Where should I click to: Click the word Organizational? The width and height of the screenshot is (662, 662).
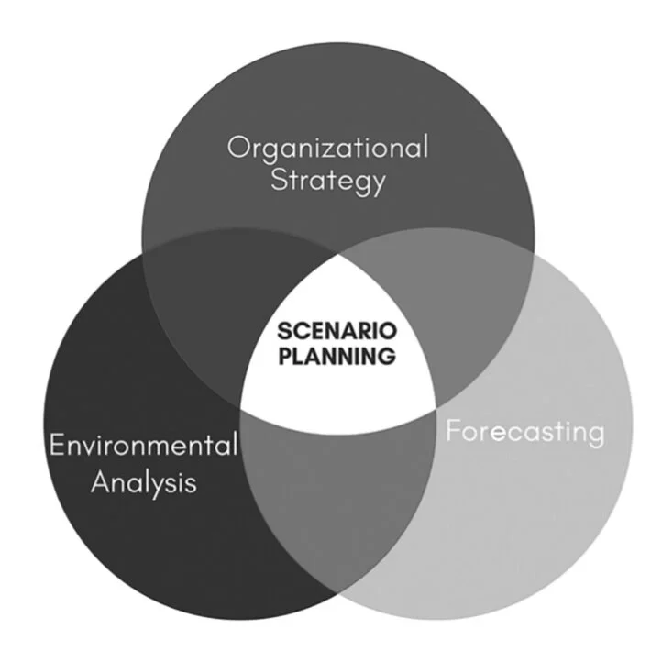(x=327, y=147)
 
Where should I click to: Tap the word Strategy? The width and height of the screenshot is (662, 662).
(x=327, y=181)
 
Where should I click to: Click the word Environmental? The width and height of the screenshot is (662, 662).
(x=143, y=447)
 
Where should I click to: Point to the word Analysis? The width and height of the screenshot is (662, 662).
(x=143, y=481)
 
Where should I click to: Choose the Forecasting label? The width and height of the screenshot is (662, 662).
(x=524, y=431)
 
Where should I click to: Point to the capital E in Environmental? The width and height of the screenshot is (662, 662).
(x=56, y=447)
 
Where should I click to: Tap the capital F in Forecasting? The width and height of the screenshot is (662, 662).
(x=452, y=431)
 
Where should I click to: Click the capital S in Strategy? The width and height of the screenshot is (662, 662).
(x=278, y=180)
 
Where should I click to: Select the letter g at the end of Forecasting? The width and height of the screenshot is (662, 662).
(x=596, y=435)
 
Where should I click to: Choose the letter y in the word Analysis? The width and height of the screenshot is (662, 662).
(x=162, y=485)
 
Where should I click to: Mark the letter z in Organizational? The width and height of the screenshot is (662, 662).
(x=345, y=149)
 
